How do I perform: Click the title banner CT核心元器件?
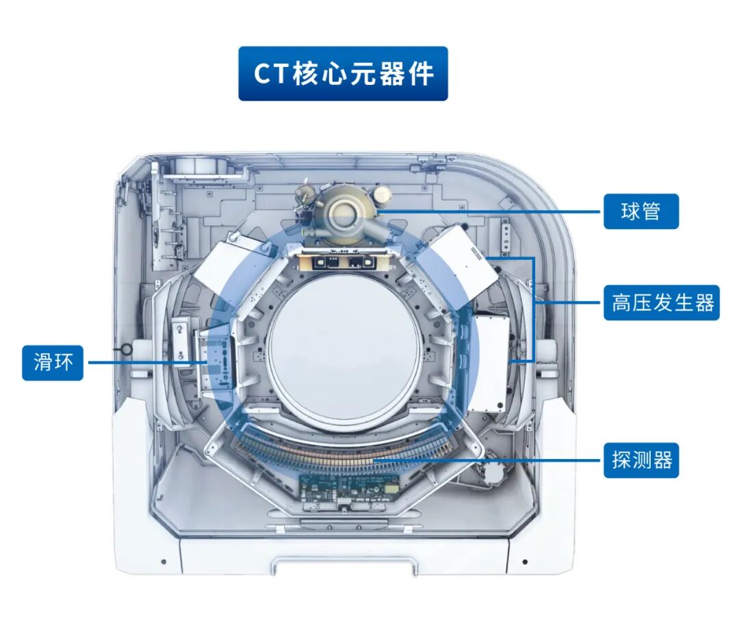point(343,73)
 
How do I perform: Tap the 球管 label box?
point(641,211)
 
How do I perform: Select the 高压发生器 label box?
point(662,302)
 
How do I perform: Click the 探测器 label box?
point(641,460)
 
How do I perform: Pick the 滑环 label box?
point(53,363)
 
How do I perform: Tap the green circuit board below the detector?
point(350,488)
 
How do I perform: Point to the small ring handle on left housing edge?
point(127,350)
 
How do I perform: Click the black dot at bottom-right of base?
point(525,562)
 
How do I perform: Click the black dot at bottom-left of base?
point(164,562)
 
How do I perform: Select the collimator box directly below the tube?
point(344,260)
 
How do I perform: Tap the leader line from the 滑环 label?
point(148,363)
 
